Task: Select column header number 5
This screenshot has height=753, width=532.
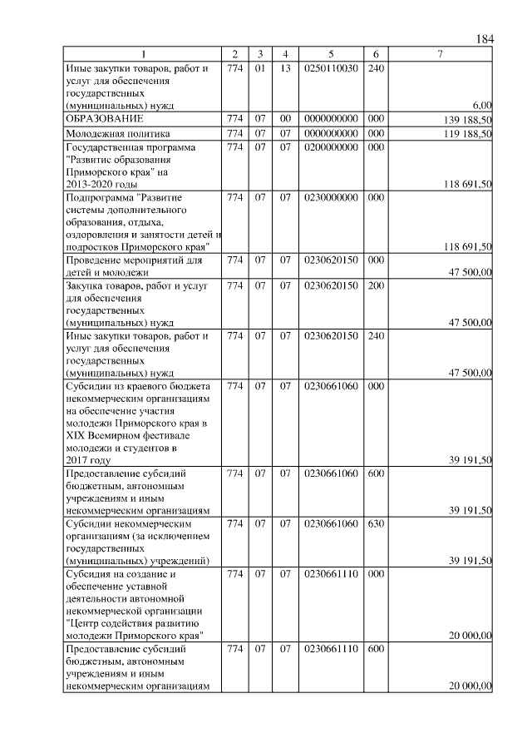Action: [331, 54]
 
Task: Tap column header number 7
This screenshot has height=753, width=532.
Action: [440, 54]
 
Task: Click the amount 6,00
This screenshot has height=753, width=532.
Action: [481, 106]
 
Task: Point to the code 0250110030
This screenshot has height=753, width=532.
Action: [331, 67]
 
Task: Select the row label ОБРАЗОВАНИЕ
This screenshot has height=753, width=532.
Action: [99, 119]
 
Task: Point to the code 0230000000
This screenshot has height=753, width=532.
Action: [331, 197]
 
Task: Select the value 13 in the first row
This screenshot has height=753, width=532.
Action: [284, 67]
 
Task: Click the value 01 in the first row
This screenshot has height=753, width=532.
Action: [259, 67]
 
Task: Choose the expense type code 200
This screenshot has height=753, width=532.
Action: [375, 285]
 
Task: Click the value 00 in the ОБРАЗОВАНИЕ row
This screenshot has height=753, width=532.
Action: [284, 119]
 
